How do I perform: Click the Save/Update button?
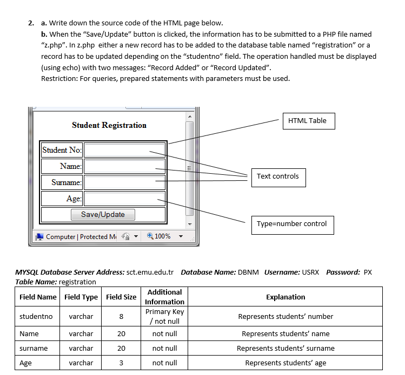click(x=103, y=215)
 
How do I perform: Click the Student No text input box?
click(x=124, y=150)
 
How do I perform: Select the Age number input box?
click(x=124, y=199)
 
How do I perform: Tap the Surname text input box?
click(x=124, y=182)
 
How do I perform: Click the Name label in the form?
click(x=71, y=166)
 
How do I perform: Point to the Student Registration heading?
click(x=109, y=125)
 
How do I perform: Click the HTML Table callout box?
click(x=308, y=121)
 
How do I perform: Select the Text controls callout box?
click(x=278, y=176)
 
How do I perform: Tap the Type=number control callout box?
click(x=292, y=224)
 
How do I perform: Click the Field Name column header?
click(x=38, y=297)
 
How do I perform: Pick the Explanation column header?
click(x=286, y=297)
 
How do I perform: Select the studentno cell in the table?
click(x=36, y=317)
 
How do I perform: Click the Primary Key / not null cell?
click(x=164, y=317)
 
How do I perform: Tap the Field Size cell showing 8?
click(x=121, y=317)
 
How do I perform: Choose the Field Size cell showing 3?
click(x=121, y=363)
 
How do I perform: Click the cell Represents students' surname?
click(x=286, y=349)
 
